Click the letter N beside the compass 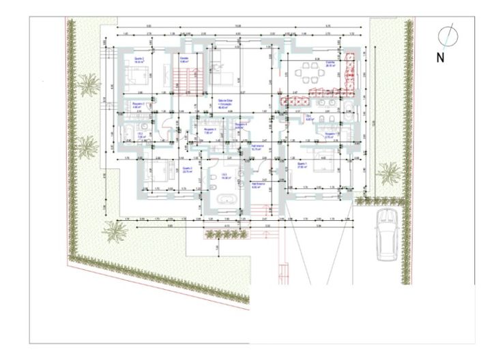point(440,57)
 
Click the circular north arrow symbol point(448,34)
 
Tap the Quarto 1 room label point(302,166)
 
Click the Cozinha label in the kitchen point(330,61)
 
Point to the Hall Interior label point(258,145)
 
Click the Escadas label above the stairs point(184,59)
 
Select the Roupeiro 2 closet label point(136,106)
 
